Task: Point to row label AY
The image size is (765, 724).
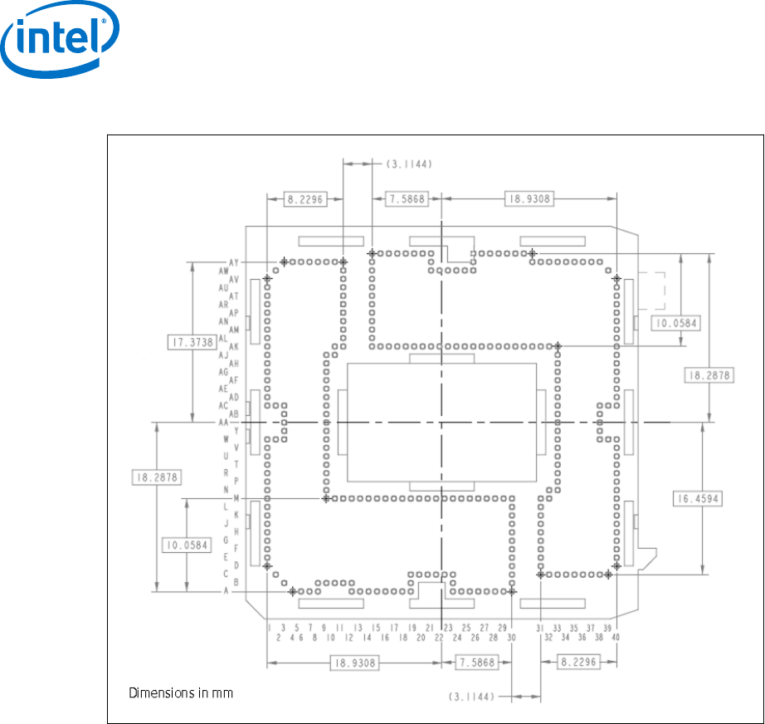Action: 234,262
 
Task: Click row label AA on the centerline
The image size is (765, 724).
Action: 223,423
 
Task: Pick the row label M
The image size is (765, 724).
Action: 236,498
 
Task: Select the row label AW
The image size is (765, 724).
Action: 224,271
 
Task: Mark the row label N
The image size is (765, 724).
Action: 225,489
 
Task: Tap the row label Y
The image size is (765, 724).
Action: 236,431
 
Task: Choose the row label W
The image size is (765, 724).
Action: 225,439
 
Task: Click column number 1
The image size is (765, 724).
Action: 269,628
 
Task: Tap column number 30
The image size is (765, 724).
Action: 511,637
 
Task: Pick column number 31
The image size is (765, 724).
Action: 539,628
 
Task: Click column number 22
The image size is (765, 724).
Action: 439,637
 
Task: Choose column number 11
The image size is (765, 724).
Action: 340,628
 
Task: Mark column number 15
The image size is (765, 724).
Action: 376,628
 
